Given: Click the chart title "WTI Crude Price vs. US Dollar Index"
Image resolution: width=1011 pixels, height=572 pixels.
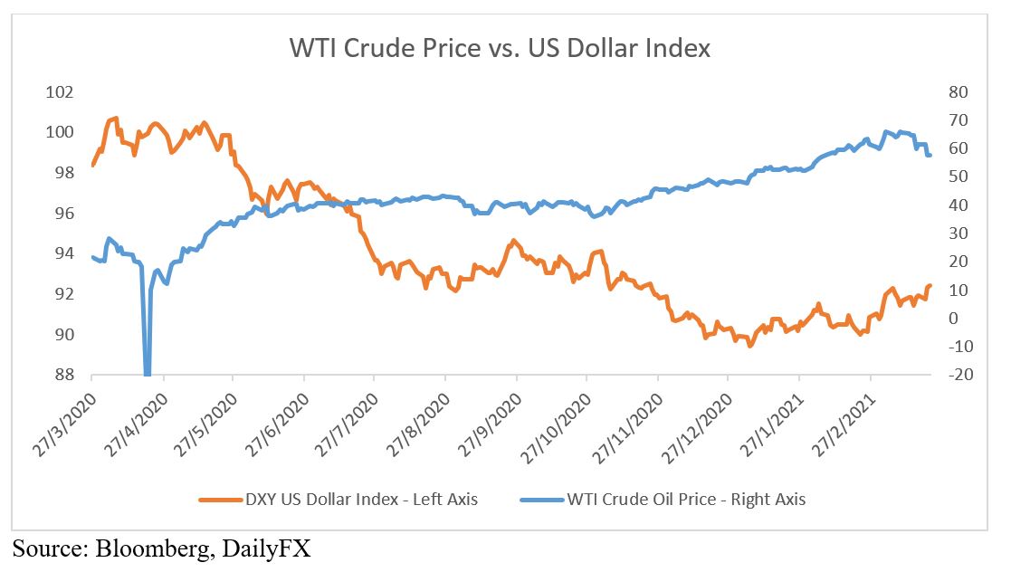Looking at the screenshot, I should (500, 47).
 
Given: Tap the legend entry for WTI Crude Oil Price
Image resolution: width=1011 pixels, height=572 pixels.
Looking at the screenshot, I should (685, 498).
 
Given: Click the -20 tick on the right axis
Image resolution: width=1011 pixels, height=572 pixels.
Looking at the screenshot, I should (957, 375).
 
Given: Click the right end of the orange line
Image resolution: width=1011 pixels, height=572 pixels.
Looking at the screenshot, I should (930, 286).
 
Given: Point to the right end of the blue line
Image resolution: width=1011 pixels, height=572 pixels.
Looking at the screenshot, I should (930, 156).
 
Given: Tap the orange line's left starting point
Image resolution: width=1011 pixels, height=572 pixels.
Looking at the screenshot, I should (92, 165).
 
